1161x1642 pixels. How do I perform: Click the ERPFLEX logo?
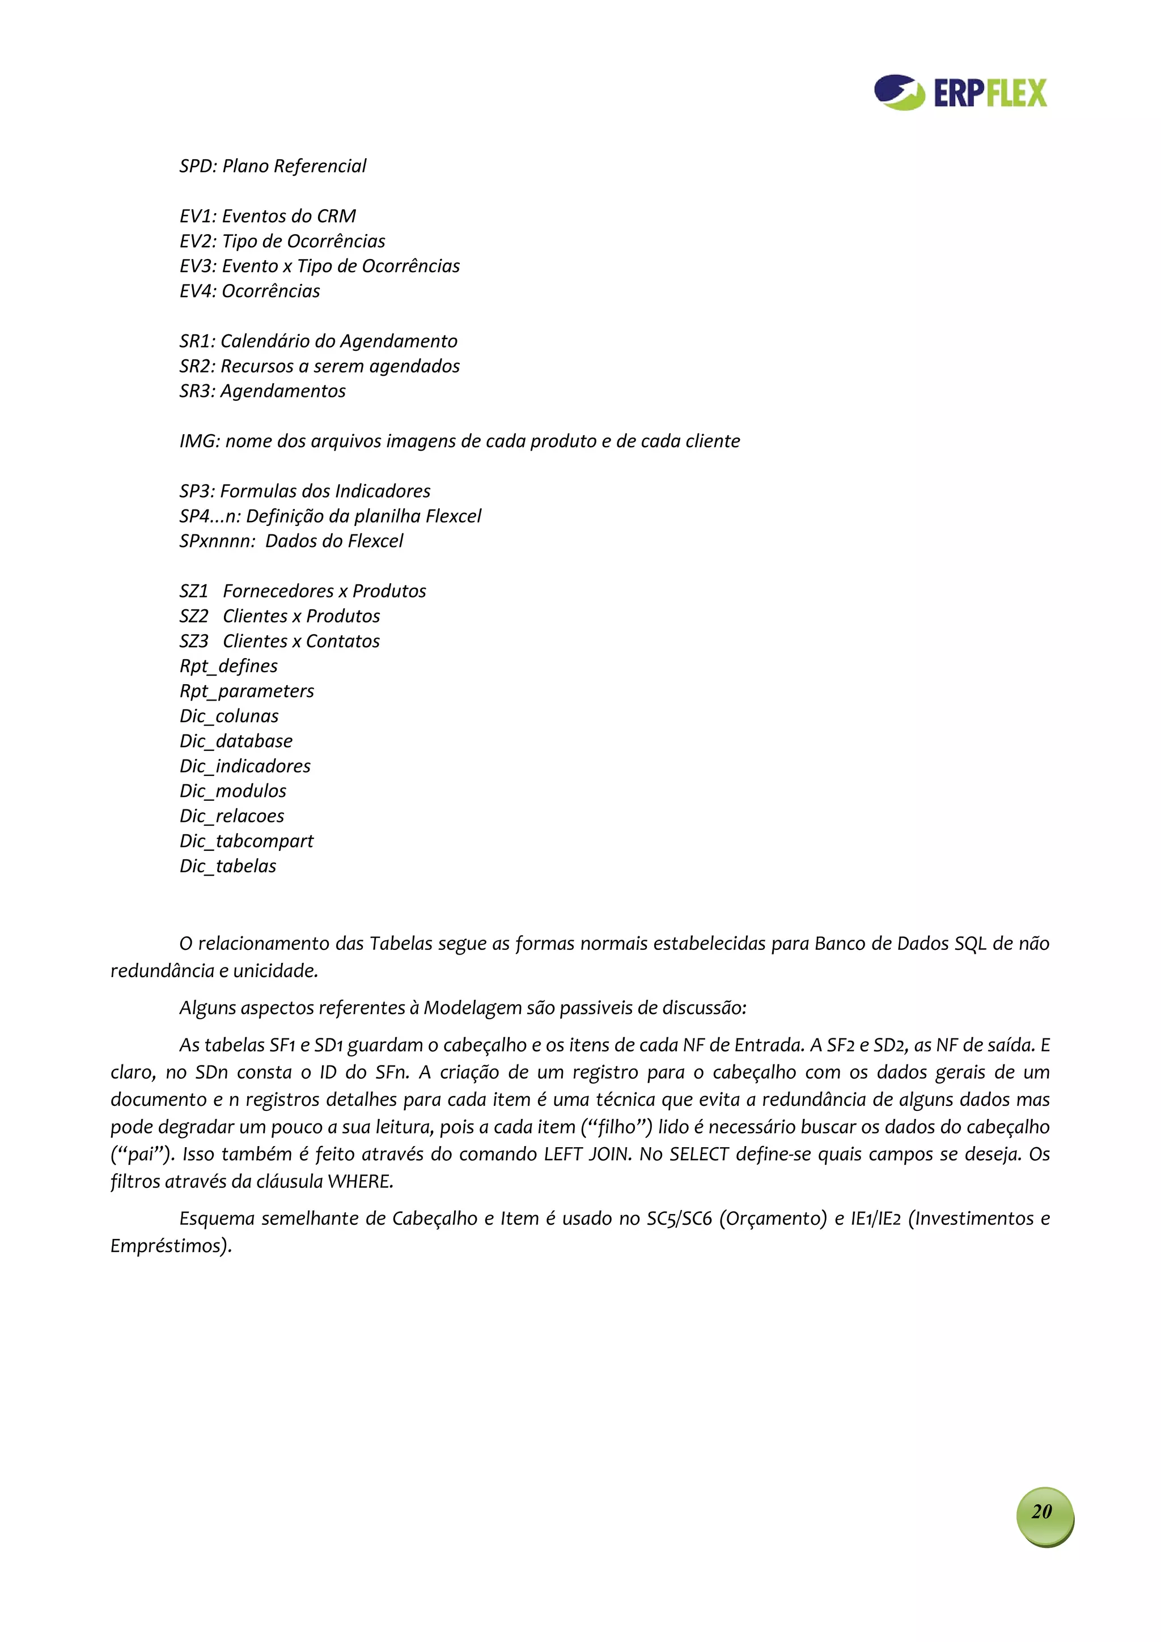pyautogui.click(x=959, y=93)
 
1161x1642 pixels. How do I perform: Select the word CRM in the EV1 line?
pyautogui.click(x=336, y=216)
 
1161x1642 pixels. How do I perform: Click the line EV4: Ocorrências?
pyautogui.click(x=249, y=291)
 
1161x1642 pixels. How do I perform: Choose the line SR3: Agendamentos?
pyautogui.click(x=262, y=391)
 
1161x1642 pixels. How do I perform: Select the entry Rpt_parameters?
pyautogui.click(x=247, y=691)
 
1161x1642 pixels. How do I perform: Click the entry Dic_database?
pyautogui.click(x=236, y=741)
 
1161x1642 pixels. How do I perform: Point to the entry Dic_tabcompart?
pyautogui.click(x=247, y=842)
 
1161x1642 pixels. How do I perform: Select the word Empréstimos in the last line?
pyautogui.click(x=170, y=1246)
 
